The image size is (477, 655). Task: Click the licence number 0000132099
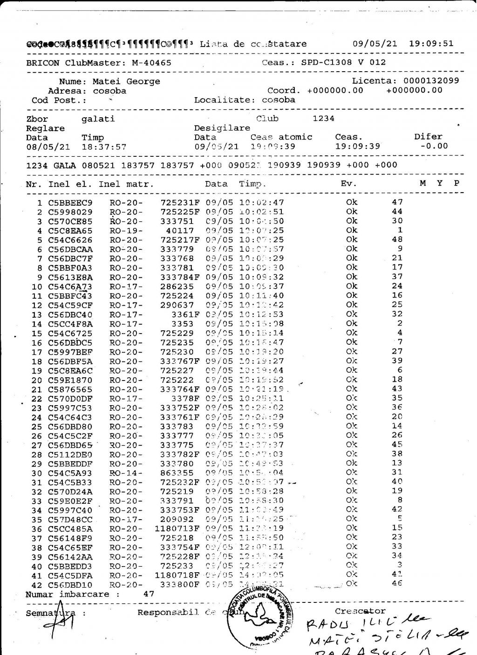click(x=431, y=81)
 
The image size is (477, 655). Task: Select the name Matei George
click(x=126, y=81)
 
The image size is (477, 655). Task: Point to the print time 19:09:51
click(x=431, y=44)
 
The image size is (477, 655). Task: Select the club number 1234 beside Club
click(x=323, y=119)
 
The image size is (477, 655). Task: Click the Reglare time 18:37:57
click(x=104, y=147)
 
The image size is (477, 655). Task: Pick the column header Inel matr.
click(x=126, y=184)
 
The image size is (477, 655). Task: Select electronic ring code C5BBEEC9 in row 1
click(x=70, y=203)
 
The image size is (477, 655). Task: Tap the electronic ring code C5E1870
click(x=70, y=380)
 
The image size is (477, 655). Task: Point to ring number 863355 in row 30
click(x=177, y=473)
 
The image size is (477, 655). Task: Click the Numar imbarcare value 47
click(x=149, y=594)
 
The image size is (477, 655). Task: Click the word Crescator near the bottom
click(x=360, y=611)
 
